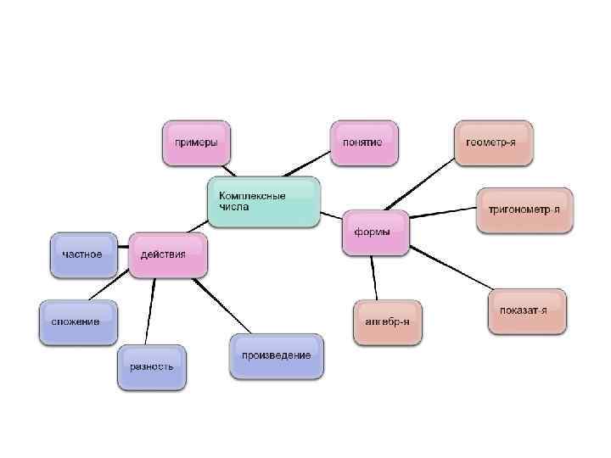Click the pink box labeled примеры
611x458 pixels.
click(x=196, y=142)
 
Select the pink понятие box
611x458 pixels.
click(x=362, y=142)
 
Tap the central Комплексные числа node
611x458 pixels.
click(x=264, y=202)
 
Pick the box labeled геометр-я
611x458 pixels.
click(x=492, y=142)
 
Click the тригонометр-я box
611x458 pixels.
click(x=524, y=209)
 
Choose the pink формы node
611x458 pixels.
click(x=375, y=232)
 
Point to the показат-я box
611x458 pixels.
click(x=526, y=310)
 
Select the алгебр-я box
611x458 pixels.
click(x=387, y=322)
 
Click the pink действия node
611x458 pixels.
click(x=168, y=254)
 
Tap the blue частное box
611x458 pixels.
click(x=83, y=254)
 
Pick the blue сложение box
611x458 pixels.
click(x=77, y=322)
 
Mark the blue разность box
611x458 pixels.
click(x=152, y=366)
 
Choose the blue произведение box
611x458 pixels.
click(x=276, y=355)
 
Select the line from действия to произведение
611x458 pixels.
click(x=222, y=304)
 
